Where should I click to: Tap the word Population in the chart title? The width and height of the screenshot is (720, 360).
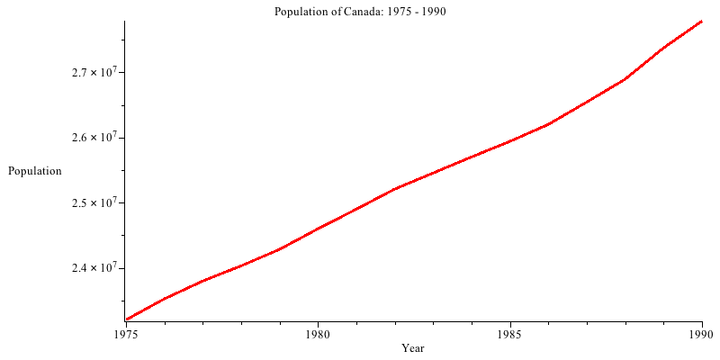coord(301,12)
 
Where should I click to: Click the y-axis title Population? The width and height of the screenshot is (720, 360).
coord(35,171)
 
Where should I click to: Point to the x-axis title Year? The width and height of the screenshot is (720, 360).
coord(413,348)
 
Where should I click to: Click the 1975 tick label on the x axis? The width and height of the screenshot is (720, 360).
coord(126,334)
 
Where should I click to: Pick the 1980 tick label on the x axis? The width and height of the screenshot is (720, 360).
coord(318,334)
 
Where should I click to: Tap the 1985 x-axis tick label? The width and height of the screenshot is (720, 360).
coord(510,334)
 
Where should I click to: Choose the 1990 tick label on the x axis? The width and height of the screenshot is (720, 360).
coord(701,334)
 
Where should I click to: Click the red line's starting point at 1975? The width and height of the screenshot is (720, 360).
coord(127,319)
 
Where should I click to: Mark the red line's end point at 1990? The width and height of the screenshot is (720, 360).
coord(701,21)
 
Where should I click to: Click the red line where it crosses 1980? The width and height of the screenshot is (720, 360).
coord(318,228)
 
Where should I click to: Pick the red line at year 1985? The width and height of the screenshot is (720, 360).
coord(510,140)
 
